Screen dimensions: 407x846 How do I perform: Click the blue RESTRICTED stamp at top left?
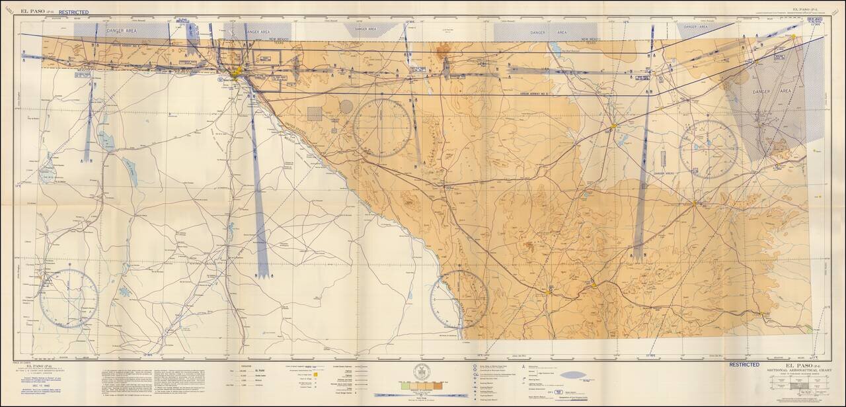pyautogui.click(x=73, y=12)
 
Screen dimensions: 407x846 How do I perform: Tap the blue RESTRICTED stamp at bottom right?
pyautogui.click(x=744, y=364)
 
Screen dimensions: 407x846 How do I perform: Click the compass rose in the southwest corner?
pyautogui.click(x=69, y=298)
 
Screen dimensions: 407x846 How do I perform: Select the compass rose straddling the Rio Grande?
pyautogui.click(x=459, y=299)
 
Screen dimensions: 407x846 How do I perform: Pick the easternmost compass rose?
pyautogui.click(x=709, y=148)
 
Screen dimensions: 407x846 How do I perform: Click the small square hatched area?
pyautogui.click(x=315, y=114)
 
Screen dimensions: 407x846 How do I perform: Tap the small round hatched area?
pyautogui.click(x=346, y=106)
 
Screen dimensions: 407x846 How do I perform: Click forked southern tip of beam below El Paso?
pyautogui.click(x=262, y=273)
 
